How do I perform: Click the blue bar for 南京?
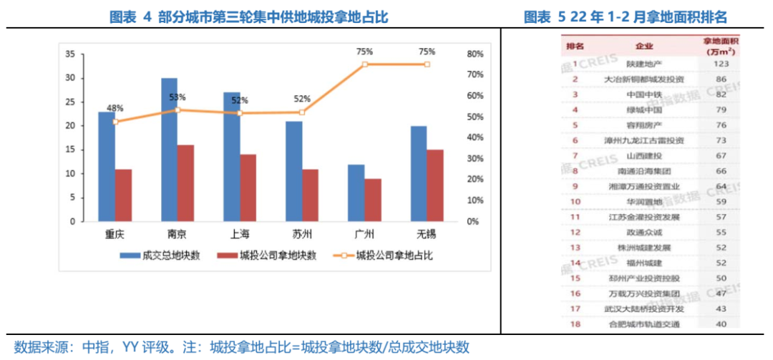[169, 150]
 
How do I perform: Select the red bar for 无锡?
[435, 185]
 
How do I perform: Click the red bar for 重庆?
[123, 195]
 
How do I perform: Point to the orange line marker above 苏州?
[302, 112]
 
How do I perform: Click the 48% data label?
[115, 108]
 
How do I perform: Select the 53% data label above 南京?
[178, 97]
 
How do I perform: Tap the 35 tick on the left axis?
[69, 54]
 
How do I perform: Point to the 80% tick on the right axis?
[475, 54]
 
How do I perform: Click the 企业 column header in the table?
[644, 47]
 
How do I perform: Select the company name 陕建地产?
[644, 64]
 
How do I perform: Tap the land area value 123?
[721, 64]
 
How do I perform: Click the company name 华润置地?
[644, 201]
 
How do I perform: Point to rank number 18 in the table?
[575, 324]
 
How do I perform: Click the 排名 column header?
[575, 47]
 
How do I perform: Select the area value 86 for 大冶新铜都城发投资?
[721, 79]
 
